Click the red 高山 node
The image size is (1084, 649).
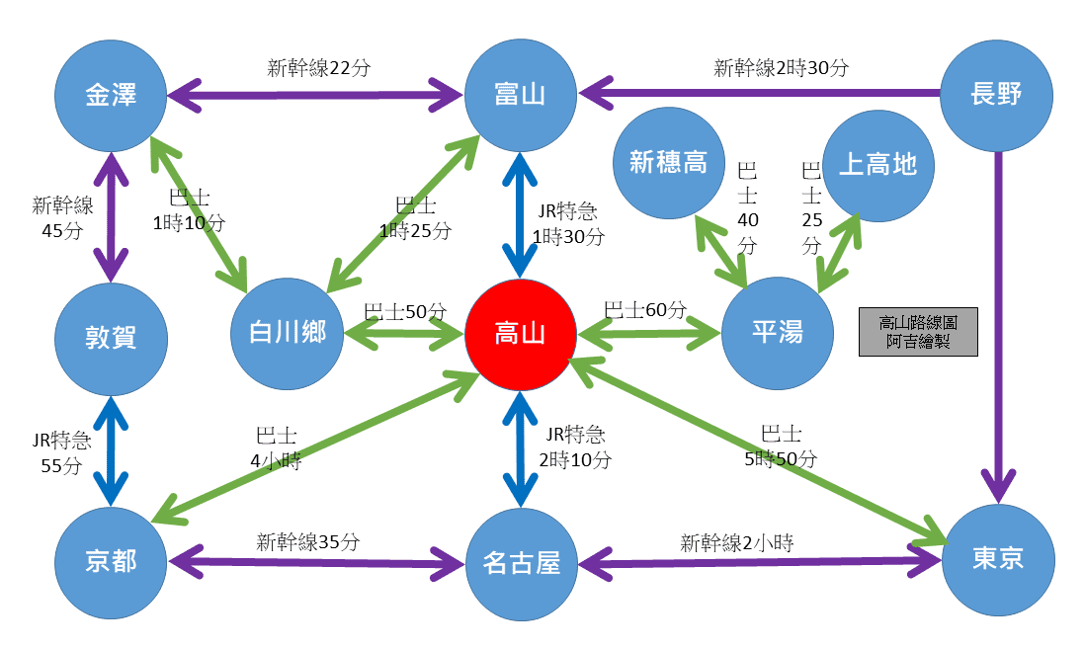521,335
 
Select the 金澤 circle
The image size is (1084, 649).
111,96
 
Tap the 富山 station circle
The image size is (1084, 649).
521,96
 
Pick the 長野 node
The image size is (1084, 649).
995,96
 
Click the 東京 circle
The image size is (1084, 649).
998,559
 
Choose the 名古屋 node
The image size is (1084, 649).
521,564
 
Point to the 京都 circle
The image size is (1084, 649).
111,562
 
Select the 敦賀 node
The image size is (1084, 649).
111,339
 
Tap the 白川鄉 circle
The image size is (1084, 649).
287,333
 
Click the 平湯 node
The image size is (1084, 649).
777,333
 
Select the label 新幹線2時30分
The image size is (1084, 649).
781,68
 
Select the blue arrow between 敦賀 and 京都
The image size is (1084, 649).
111,450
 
